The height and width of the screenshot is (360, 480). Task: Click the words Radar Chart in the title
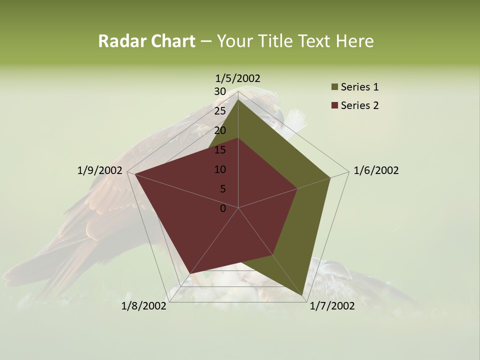pyautogui.click(x=146, y=41)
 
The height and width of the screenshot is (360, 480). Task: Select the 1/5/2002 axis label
pyautogui.click(x=238, y=78)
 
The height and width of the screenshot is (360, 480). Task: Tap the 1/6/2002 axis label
pyautogui.click(x=376, y=170)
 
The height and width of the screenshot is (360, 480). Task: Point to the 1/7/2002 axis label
pyautogui.click(x=332, y=306)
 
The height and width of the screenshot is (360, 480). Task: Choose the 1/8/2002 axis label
pyautogui.click(x=144, y=306)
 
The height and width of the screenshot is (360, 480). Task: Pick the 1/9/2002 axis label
pyautogui.click(x=100, y=170)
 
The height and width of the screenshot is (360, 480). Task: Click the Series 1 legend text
pyautogui.click(x=359, y=87)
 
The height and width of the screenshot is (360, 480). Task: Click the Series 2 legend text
pyautogui.click(x=359, y=105)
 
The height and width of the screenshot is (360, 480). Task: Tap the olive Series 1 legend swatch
pyautogui.click(x=334, y=87)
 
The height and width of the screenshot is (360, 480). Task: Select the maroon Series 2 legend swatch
pyautogui.click(x=334, y=105)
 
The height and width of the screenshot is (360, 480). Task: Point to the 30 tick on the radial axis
pyautogui.click(x=220, y=91)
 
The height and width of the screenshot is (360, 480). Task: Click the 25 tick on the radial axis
pyautogui.click(x=220, y=111)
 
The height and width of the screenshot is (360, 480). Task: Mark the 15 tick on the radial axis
pyautogui.click(x=220, y=150)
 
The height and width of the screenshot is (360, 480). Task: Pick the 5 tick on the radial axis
pyautogui.click(x=222, y=189)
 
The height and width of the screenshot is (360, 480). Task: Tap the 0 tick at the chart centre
pyautogui.click(x=223, y=208)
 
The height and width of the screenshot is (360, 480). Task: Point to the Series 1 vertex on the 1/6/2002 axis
pyautogui.click(x=330, y=177)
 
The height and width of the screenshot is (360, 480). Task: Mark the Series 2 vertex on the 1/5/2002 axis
pyautogui.click(x=238, y=137)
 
